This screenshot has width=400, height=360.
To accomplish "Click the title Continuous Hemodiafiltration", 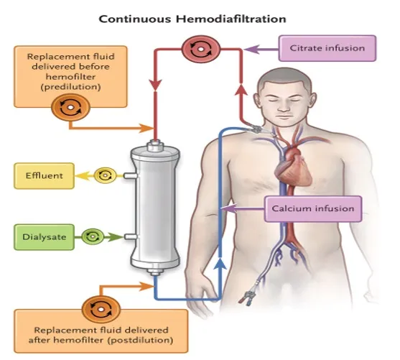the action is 192,19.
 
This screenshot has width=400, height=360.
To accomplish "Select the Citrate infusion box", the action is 327,48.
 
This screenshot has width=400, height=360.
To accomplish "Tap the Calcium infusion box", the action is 313,209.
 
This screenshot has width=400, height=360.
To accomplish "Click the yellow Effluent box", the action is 44,176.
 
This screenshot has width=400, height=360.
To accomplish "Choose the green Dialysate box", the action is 44,237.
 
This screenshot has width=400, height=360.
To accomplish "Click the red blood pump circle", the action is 201,50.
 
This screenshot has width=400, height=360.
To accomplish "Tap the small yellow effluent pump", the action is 105,175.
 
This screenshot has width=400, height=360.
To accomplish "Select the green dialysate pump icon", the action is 93,237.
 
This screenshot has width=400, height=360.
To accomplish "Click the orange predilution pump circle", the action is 70,107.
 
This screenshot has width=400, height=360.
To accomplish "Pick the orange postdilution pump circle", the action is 101,310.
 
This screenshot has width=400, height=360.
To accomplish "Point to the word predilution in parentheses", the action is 70,87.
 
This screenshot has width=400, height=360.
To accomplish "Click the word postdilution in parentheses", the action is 140,341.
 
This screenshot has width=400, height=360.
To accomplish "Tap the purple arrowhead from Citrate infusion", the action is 251,50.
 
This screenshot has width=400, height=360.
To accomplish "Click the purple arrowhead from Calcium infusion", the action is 229,209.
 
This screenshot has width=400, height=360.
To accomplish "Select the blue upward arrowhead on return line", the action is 220,264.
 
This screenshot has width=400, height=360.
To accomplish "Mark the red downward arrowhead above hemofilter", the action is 155,85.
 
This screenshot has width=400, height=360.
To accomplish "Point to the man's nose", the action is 283,106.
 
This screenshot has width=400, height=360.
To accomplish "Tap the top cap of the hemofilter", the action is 155,147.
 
